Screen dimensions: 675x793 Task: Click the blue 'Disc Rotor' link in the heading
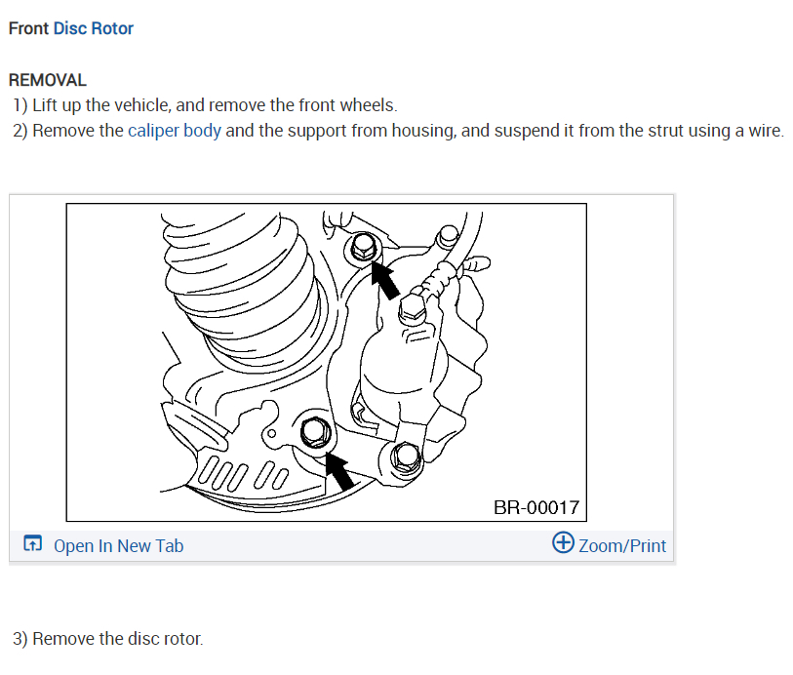pos(94,28)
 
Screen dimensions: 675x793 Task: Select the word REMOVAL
pos(48,80)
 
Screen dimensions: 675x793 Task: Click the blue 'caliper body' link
pos(175,131)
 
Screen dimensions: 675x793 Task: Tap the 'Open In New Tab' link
pos(118,546)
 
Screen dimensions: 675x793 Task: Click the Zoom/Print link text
pos(622,546)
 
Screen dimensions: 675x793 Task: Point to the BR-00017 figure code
pos(536,507)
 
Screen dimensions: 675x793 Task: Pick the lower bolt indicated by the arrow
pos(315,431)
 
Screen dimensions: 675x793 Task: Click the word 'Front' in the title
pos(28,28)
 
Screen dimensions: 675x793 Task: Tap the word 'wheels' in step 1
pos(366,105)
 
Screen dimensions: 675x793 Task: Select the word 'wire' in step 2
pos(764,131)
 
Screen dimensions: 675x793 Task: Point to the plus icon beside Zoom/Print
pos(563,542)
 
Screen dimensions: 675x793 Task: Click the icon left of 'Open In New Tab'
pos(33,545)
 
